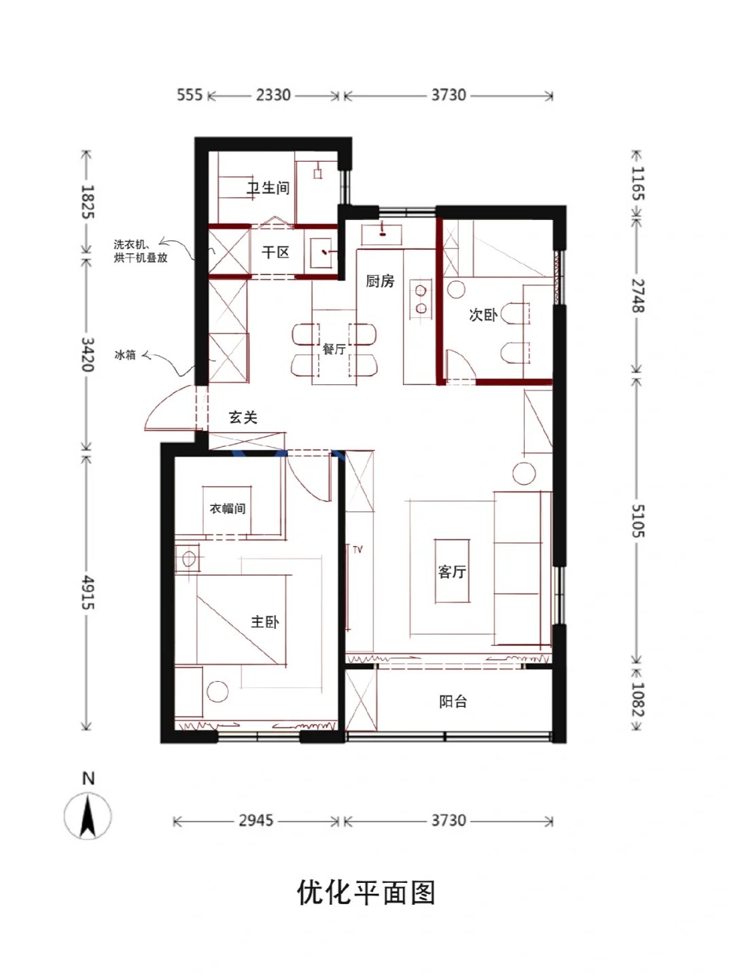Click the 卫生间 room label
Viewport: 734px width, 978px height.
point(268,188)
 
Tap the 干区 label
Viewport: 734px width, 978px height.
point(275,253)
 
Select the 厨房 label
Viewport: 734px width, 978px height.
point(380,281)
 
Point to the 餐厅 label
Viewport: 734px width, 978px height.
point(334,348)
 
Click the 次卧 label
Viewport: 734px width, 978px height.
point(483,314)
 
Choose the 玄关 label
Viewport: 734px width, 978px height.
point(243,418)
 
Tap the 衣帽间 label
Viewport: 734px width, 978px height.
point(227,509)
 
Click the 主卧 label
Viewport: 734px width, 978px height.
point(265,621)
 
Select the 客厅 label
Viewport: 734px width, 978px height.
point(452,572)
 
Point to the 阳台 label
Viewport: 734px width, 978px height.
point(453,702)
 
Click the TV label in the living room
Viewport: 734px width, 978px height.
point(358,550)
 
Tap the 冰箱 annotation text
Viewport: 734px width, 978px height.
point(125,355)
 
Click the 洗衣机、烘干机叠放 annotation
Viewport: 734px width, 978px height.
point(141,251)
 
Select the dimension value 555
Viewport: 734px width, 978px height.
point(190,95)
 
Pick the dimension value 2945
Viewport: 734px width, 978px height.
point(256,820)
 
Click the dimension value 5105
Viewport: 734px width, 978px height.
point(638,520)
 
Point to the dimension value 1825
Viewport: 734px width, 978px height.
point(88,202)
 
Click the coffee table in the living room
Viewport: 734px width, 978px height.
point(453,570)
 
